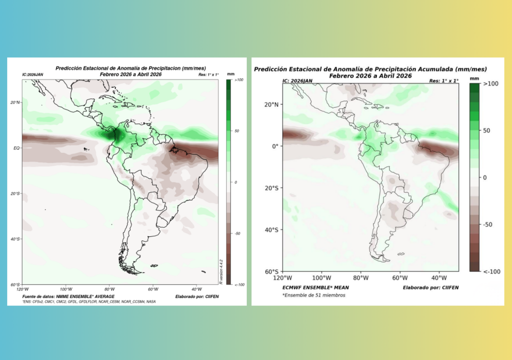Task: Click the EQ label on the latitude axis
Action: point(16,148)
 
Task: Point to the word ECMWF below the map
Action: point(294,287)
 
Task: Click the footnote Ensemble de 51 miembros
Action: point(313,295)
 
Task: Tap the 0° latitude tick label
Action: point(274,146)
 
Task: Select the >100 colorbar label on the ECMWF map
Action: point(491,84)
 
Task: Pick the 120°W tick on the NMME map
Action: point(22,289)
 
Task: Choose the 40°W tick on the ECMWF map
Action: point(439,277)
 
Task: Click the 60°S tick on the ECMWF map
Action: point(272,271)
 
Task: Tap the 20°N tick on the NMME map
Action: point(15,102)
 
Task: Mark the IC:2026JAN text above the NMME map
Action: point(33,74)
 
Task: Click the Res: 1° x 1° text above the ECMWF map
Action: point(443,80)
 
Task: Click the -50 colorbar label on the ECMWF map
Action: point(490,224)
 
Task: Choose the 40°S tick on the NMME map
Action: point(15,239)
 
